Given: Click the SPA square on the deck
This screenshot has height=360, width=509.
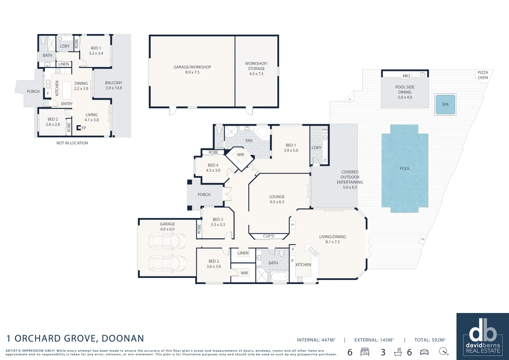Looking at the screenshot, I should (445, 104).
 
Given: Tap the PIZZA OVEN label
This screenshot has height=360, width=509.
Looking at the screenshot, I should (483, 75).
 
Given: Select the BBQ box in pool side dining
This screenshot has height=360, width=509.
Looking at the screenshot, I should (406, 76).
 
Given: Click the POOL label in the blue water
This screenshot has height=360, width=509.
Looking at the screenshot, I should (405, 168).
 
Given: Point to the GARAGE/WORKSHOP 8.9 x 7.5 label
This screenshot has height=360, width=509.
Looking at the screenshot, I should (192, 69).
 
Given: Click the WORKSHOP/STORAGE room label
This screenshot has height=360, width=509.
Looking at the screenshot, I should (256, 68).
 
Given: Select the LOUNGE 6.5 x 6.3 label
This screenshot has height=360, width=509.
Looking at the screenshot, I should (277, 199).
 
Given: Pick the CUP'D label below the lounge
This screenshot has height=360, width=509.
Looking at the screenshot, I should (269, 236).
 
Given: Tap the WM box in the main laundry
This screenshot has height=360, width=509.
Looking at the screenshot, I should (324, 129).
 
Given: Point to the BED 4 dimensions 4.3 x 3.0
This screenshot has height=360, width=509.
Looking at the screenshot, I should (213, 170).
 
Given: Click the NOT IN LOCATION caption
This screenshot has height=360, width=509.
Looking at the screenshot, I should (72, 143).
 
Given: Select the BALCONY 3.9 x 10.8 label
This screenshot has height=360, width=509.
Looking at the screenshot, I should (114, 85).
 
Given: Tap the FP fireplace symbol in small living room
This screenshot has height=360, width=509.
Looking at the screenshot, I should (79, 128).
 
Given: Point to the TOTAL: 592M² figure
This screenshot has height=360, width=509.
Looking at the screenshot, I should (430, 340).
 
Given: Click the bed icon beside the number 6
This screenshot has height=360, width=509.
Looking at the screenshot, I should (365, 352).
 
